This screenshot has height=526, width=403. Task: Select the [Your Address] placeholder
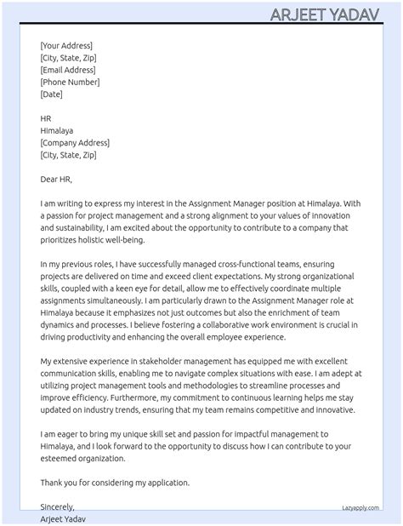pos(66,45)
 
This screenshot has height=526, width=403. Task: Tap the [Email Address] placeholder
pos(68,70)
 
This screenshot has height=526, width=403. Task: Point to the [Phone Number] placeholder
pos(70,82)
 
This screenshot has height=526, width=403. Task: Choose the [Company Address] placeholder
pos(75,143)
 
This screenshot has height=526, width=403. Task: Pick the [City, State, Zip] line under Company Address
pos(68,155)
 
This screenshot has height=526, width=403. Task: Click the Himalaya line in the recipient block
pos(57,131)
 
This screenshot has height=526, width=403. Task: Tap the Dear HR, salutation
pos(56,180)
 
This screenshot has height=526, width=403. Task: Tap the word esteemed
pos(62,458)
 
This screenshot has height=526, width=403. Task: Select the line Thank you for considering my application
pos(115,483)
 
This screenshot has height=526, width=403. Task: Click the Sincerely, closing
pos(57,507)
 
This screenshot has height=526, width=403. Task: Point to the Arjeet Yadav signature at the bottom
pos(63,518)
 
